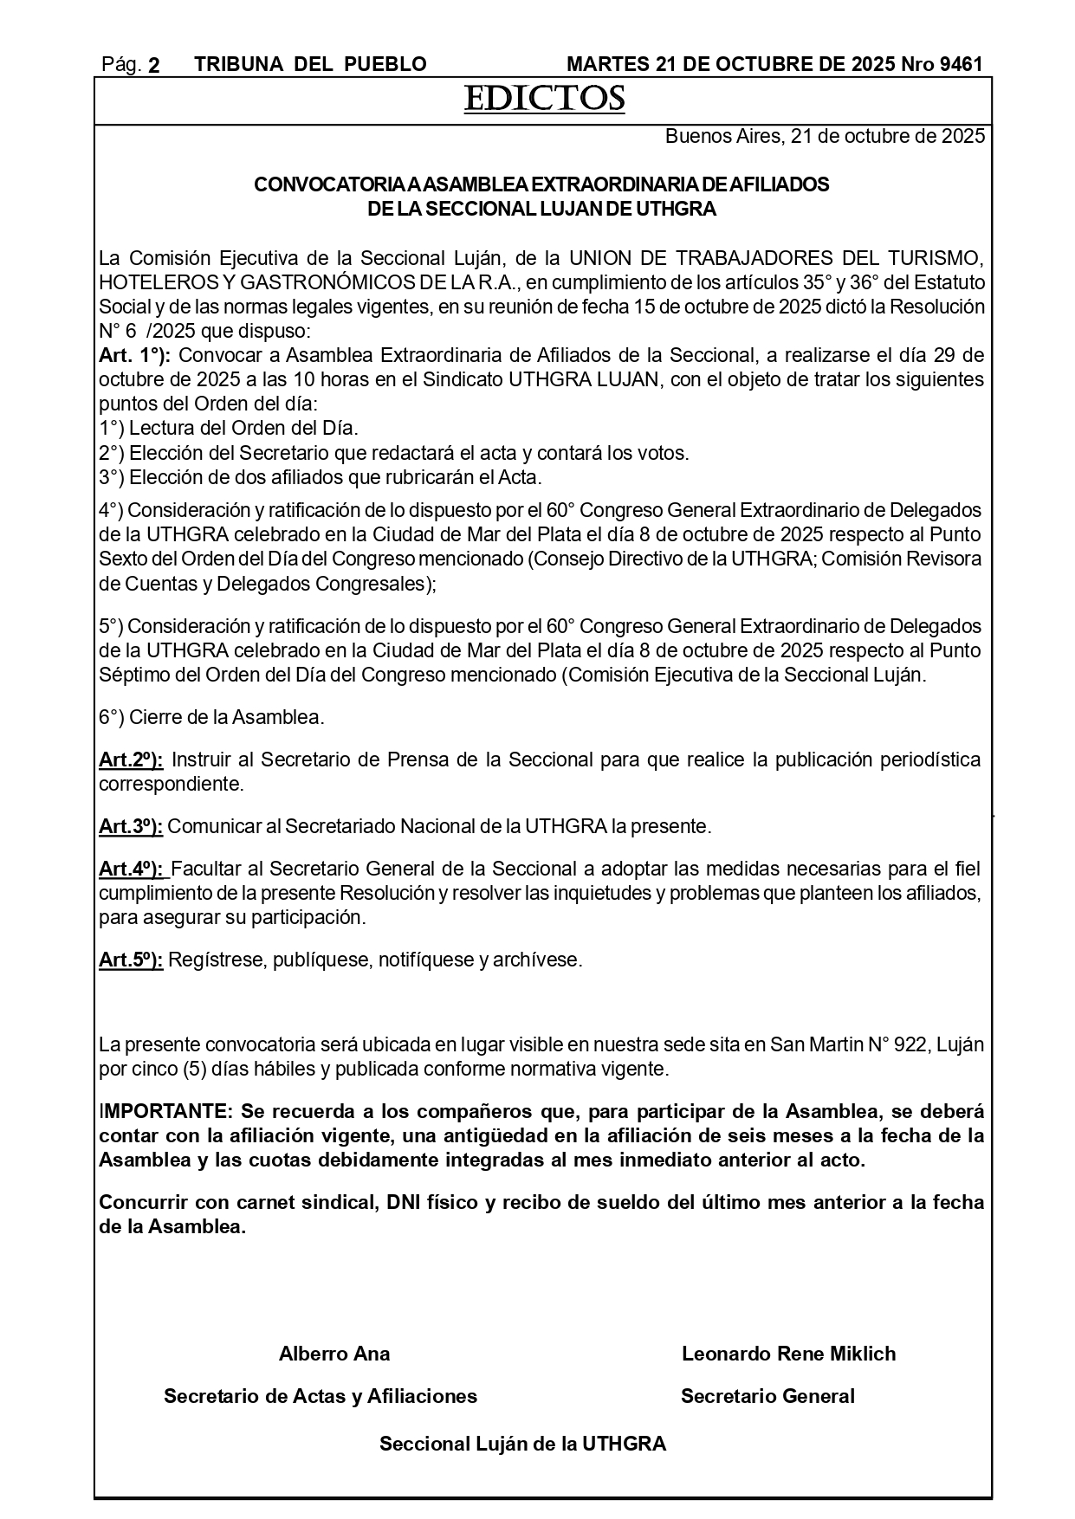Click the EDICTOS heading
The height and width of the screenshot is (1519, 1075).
(x=544, y=100)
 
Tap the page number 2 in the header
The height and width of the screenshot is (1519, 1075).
(x=154, y=65)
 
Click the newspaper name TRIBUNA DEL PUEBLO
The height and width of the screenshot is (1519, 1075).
(x=310, y=65)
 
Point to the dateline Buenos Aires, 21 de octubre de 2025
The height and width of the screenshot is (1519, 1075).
(x=824, y=137)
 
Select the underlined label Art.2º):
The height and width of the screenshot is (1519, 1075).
(x=131, y=760)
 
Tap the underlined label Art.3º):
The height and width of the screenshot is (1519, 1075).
(x=131, y=827)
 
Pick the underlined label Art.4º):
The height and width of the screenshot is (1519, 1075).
(x=133, y=869)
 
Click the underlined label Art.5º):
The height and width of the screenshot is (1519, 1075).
(x=131, y=960)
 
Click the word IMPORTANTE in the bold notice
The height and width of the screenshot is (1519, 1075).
(x=165, y=1111)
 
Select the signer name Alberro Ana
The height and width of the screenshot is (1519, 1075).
(x=334, y=1354)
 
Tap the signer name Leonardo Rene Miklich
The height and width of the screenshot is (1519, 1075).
(x=788, y=1354)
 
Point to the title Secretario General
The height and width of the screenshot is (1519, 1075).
(x=767, y=1396)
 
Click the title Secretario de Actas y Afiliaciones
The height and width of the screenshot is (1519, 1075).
(x=321, y=1396)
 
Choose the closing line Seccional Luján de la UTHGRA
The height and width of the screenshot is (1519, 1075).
(x=522, y=1444)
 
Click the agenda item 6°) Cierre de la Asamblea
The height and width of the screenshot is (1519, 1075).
(x=211, y=718)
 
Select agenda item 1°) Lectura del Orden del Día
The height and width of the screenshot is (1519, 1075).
(x=228, y=429)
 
